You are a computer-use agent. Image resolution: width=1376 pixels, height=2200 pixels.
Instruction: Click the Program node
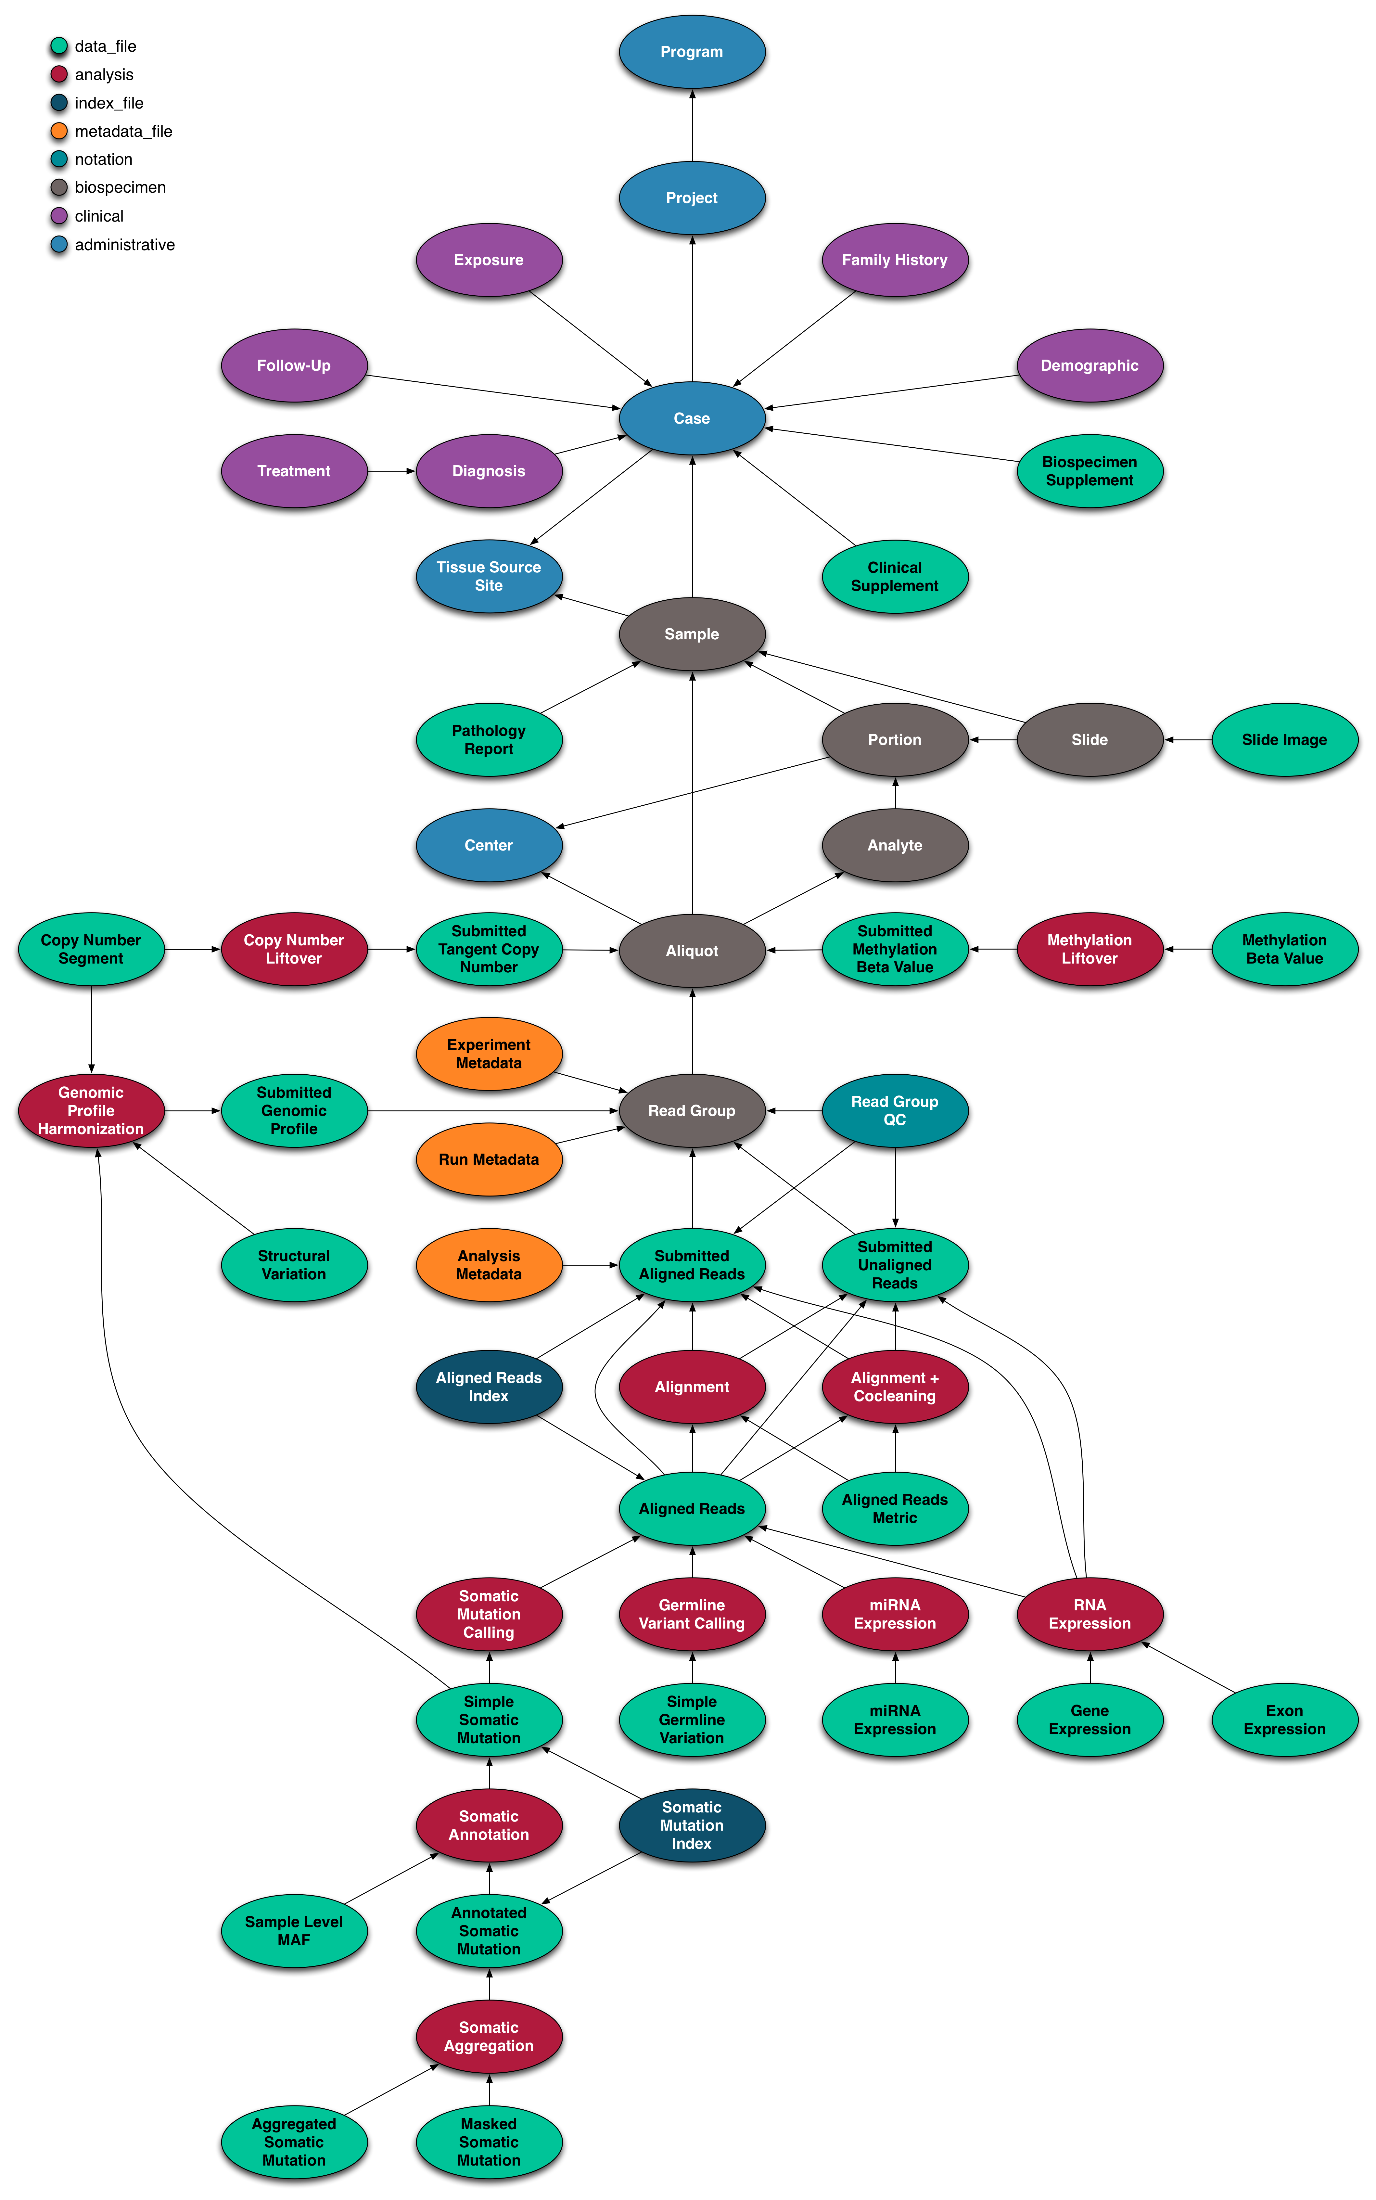[692, 52]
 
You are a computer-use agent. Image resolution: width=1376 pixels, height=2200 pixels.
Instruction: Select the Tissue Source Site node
[489, 576]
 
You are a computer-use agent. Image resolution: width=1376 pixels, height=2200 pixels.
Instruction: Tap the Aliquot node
[692, 951]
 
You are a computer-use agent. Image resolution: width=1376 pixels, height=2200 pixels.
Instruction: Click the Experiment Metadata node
[489, 1054]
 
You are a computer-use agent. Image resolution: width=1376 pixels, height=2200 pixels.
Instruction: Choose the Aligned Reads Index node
[489, 1387]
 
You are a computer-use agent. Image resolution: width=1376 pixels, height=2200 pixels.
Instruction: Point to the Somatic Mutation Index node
[692, 1825]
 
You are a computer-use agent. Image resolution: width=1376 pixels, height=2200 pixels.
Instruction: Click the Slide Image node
[1284, 740]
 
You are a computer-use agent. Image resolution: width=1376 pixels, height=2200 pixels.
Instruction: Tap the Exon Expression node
[1284, 1720]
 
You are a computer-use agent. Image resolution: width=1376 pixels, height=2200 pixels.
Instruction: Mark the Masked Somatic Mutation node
[489, 2142]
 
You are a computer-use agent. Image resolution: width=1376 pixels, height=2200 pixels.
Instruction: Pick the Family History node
[895, 260]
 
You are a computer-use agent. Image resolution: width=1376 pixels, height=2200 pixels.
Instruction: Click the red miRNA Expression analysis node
[895, 1614]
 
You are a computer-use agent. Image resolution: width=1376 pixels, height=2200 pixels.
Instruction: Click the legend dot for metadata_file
[59, 131]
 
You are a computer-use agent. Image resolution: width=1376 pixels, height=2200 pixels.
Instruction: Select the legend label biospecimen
[120, 187]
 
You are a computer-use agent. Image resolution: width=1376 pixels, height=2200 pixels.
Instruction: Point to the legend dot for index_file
[59, 103]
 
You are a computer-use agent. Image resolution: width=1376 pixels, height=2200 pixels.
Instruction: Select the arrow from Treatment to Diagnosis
[391, 471]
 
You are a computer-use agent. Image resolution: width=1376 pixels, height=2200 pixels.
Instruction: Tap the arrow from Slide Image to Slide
[1188, 740]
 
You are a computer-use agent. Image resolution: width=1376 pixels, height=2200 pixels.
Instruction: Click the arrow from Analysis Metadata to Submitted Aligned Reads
[590, 1265]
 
